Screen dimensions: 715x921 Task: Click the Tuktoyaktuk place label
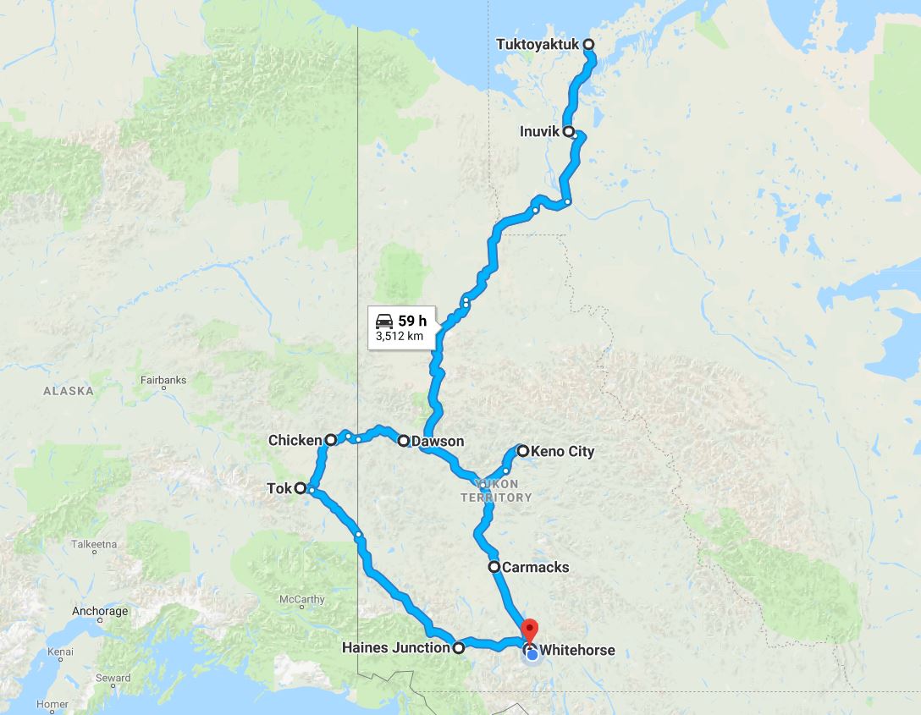(x=538, y=44)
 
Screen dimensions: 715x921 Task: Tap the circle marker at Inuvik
(x=569, y=132)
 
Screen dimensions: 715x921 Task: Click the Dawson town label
(x=438, y=441)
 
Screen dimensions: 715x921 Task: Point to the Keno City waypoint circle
(x=523, y=451)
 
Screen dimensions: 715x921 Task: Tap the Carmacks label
(x=535, y=567)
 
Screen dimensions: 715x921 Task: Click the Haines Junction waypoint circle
(x=459, y=648)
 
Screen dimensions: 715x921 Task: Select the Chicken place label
(x=295, y=440)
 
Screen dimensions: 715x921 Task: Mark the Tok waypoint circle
(x=301, y=487)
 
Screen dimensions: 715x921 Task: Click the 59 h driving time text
(x=411, y=321)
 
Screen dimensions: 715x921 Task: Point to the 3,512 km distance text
(x=400, y=337)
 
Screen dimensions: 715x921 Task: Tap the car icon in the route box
(x=384, y=321)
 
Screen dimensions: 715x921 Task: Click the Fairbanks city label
(x=163, y=381)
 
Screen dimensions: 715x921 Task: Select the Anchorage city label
(x=100, y=611)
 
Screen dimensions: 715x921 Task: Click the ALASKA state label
(x=69, y=391)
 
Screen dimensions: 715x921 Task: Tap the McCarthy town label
(x=301, y=599)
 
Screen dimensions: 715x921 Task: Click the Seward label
(x=113, y=678)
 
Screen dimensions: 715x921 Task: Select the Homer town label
(x=52, y=704)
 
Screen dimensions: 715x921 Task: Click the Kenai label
(x=60, y=652)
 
